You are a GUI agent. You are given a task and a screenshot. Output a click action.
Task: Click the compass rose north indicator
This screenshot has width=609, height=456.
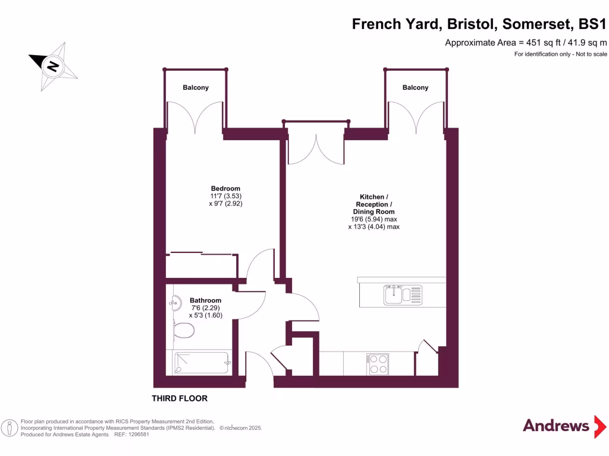point(52,66)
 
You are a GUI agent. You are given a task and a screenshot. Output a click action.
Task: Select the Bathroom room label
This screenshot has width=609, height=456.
point(205,300)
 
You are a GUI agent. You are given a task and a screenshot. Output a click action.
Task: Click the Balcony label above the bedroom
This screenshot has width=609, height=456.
point(196,88)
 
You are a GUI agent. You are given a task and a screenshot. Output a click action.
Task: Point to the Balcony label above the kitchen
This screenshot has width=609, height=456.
point(415,88)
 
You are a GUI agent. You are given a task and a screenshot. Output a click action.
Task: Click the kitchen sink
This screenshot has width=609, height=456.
point(402,294)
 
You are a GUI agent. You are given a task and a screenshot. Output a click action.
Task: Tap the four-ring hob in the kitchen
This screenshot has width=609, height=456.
point(378,363)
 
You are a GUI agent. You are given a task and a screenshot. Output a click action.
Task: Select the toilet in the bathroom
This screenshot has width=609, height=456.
point(183,330)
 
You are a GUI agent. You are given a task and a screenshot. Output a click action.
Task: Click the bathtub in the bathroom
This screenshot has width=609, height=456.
point(202,363)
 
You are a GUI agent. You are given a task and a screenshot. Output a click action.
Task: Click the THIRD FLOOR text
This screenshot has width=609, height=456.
point(180,398)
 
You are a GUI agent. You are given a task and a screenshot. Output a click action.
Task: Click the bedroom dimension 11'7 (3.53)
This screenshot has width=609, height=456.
point(225,196)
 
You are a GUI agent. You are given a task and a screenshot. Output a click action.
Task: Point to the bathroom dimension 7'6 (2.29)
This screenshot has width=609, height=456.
point(205,308)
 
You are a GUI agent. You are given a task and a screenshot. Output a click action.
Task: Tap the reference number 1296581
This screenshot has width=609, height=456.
point(137,435)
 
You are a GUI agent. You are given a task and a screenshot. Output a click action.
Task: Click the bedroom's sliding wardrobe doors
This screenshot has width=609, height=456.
point(202,255)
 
